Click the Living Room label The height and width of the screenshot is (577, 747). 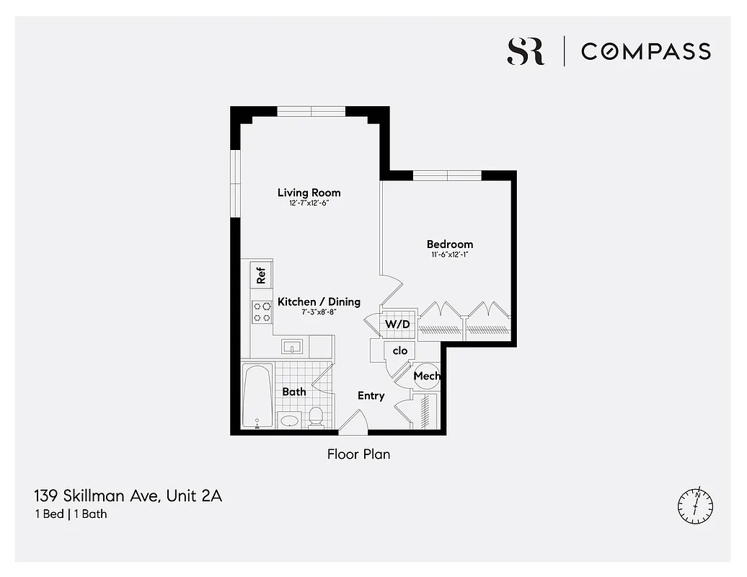click(x=309, y=193)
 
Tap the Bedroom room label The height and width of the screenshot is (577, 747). click(x=449, y=245)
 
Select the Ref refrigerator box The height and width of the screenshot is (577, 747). click(x=261, y=274)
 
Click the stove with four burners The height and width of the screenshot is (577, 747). click(x=261, y=312)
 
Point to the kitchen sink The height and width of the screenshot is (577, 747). click(x=292, y=347)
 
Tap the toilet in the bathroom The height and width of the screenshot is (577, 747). click(x=316, y=416)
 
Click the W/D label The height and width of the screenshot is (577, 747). click(x=397, y=325)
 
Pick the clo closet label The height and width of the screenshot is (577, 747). click(x=400, y=351)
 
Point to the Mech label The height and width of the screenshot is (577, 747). click(x=426, y=376)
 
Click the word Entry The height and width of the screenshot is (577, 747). click(x=371, y=396)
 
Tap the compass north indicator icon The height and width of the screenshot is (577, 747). click(x=696, y=505)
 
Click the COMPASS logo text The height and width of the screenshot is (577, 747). click(x=646, y=51)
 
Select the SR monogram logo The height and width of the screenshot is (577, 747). click(x=526, y=51)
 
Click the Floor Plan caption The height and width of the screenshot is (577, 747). click(x=358, y=454)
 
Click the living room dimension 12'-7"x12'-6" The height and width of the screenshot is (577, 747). click(x=309, y=203)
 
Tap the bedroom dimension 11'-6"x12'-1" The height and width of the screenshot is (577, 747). click(x=449, y=255)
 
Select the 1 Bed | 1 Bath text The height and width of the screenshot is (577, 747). click(x=70, y=514)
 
